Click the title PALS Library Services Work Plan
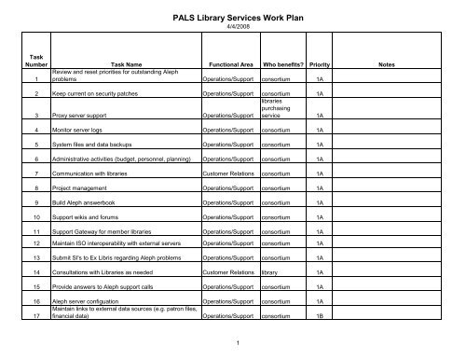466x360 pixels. coord(233,17)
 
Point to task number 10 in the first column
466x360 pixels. coord(36,216)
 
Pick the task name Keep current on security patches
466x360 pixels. coord(103,94)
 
